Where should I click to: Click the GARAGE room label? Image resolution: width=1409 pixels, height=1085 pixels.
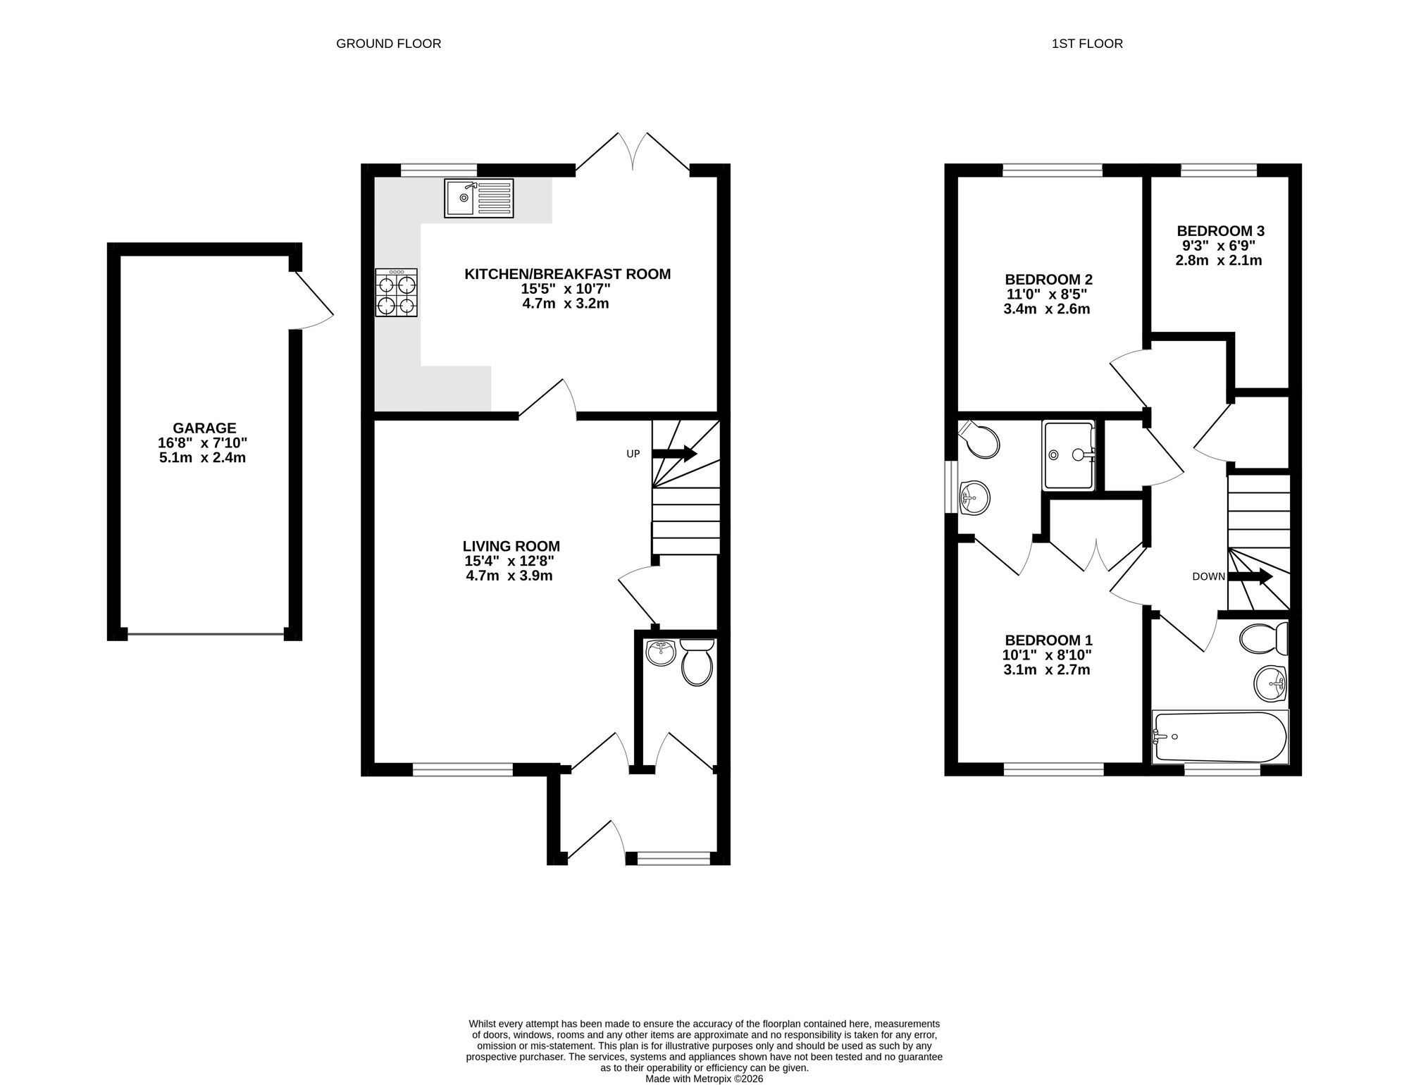click(x=204, y=428)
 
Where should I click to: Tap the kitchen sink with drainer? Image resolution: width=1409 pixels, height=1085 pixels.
click(x=479, y=198)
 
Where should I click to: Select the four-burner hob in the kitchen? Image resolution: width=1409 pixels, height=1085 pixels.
click(x=397, y=292)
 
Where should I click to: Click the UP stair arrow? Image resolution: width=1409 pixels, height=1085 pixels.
click(x=675, y=454)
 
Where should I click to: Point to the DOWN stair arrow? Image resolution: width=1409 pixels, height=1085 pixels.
click(x=1250, y=576)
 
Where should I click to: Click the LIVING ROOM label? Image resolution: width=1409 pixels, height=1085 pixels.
click(x=511, y=546)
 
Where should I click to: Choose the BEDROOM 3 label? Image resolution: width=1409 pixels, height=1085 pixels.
click(x=1221, y=231)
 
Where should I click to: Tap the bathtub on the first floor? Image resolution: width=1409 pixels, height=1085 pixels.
click(x=1219, y=736)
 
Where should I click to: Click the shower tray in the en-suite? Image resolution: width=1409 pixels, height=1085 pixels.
click(x=1069, y=454)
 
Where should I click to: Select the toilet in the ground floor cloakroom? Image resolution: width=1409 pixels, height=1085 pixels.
click(x=697, y=662)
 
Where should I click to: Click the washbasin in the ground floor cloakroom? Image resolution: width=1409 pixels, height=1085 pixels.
click(x=661, y=652)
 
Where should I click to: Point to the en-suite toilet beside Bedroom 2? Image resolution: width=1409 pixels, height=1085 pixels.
click(x=981, y=439)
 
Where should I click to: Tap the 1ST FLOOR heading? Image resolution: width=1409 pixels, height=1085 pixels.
click(x=1087, y=44)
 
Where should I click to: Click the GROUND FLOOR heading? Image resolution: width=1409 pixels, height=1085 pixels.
click(x=389, y=44)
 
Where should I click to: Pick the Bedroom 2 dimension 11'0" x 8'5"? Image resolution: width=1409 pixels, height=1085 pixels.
click(x=1048, y=294)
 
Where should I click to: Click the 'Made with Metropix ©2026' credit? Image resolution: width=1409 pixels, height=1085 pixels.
click(x=704, y=1079)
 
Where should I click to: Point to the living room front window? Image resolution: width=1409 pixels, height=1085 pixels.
click(x=463, y=769)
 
